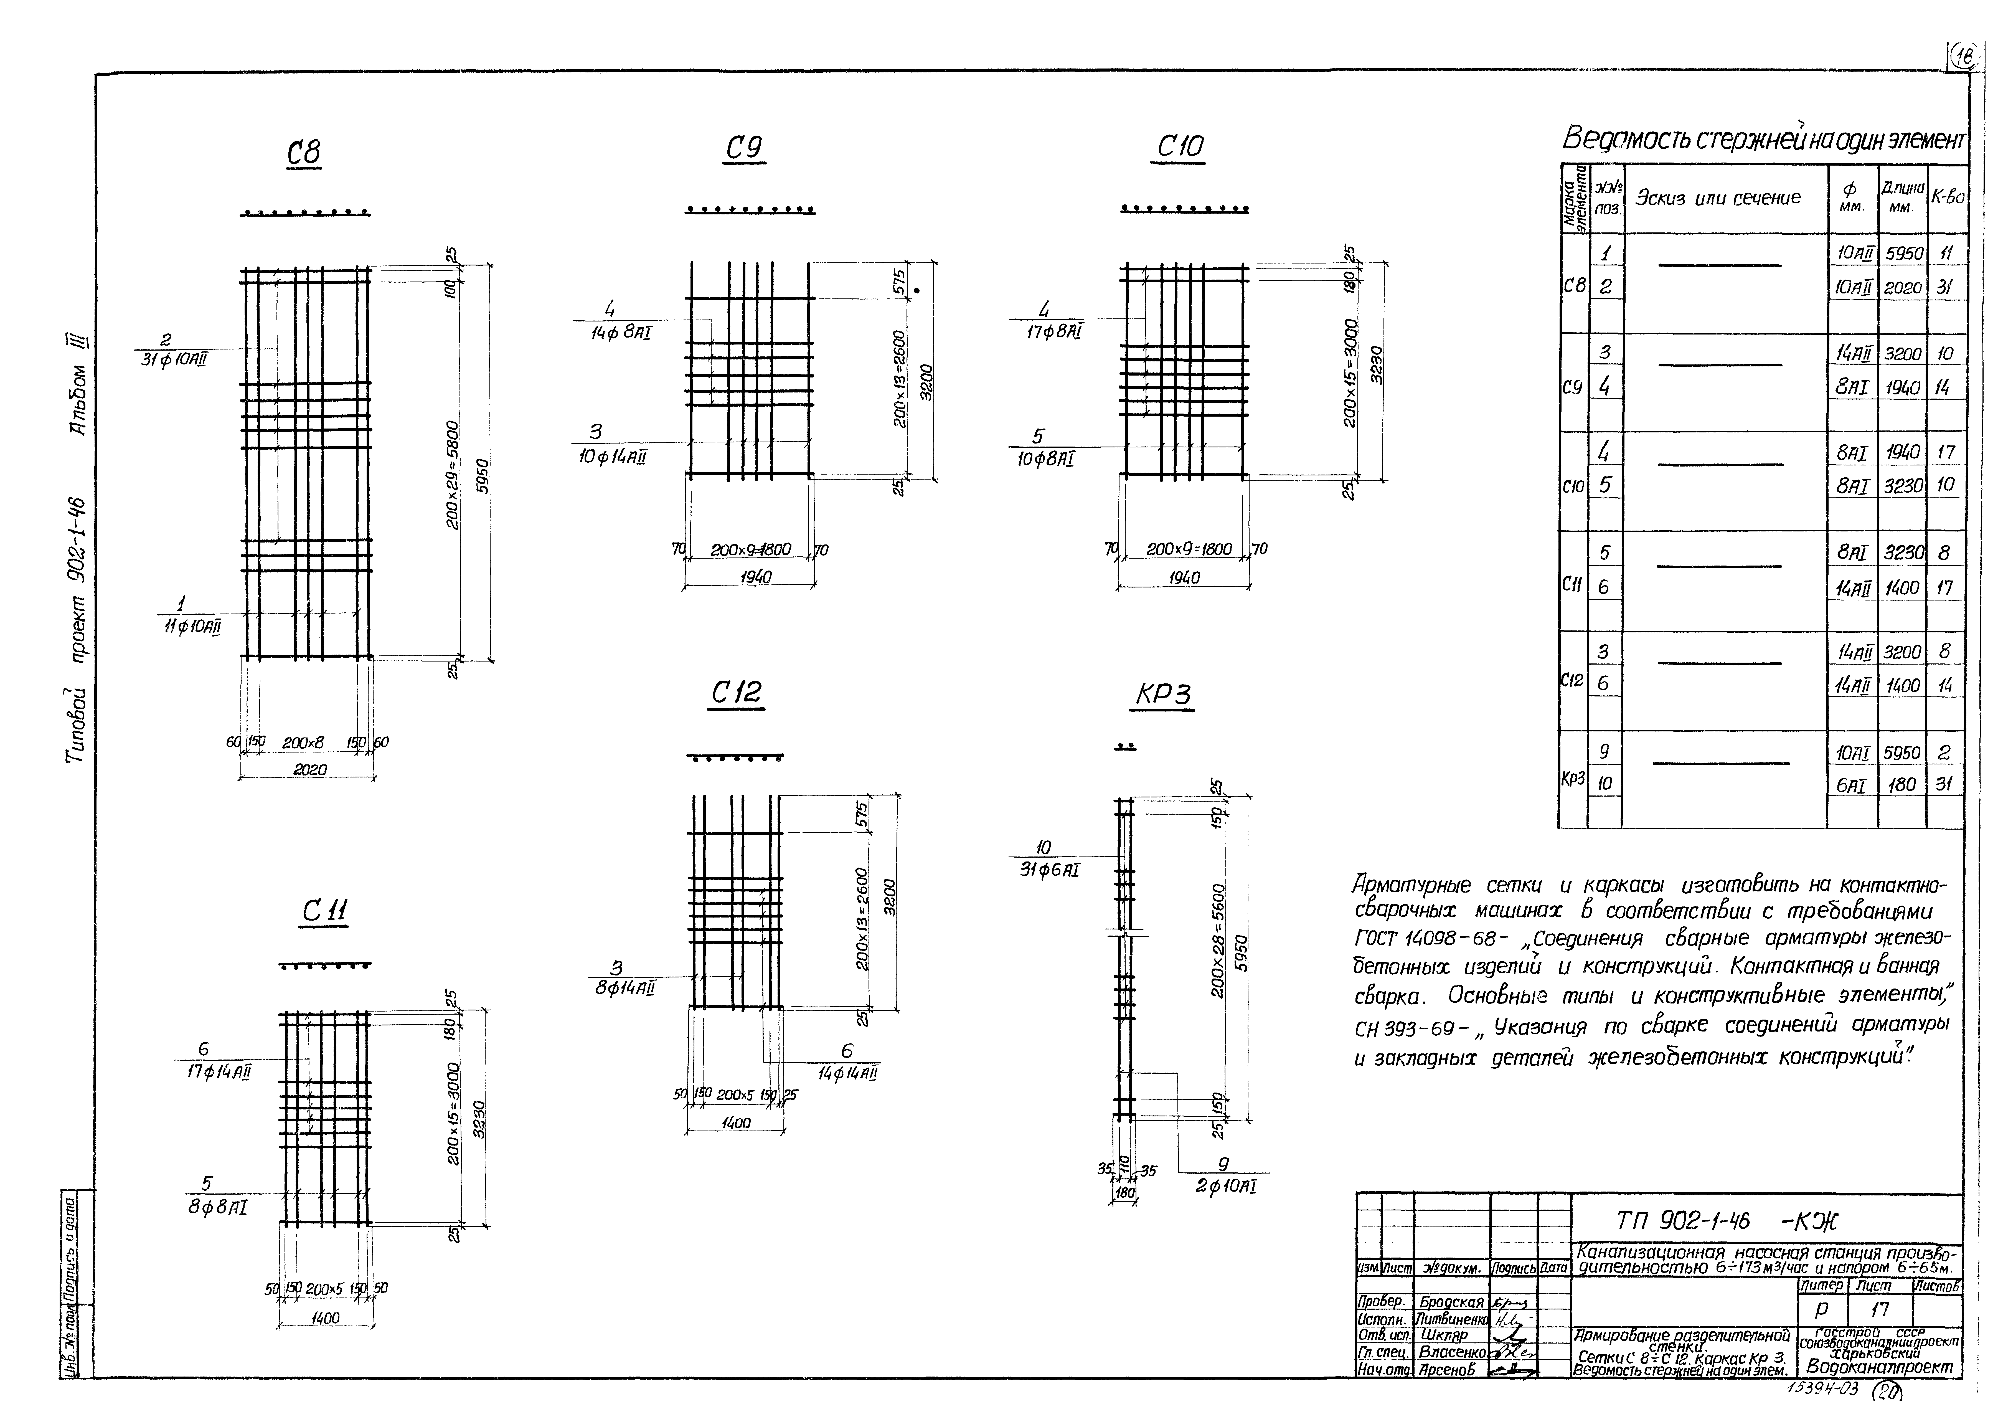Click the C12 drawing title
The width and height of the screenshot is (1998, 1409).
[x=736, y=693]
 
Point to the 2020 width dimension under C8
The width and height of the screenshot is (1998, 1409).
[x=310, y=769]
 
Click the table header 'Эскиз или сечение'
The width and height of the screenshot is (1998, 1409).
[x=1719, y=198]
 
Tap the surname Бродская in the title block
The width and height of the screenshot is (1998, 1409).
[x=1451, y=1302]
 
